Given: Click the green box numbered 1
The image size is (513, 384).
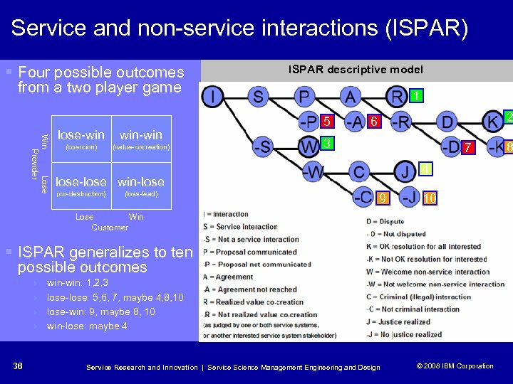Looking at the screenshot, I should [417, 96].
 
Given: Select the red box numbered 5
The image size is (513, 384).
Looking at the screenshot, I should [327, 121].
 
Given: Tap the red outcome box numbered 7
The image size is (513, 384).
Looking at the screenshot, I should [467, 148].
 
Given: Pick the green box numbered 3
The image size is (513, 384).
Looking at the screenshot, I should [327, 144].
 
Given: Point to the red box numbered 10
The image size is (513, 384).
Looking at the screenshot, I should [430, 198].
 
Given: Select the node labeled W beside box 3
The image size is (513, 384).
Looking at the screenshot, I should [309, 146].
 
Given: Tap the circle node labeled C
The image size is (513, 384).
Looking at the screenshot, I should [359, 171].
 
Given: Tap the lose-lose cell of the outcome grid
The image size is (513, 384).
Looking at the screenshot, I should [81, 186].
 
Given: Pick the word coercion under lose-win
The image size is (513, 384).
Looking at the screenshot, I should [81, 147].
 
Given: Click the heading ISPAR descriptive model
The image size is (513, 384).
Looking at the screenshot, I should [355, 69].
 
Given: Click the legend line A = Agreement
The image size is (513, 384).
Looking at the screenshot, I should [229, 277].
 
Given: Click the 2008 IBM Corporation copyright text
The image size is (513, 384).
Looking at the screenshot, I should [455, 366].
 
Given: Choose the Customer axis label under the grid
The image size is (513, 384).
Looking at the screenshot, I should [110, 228].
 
